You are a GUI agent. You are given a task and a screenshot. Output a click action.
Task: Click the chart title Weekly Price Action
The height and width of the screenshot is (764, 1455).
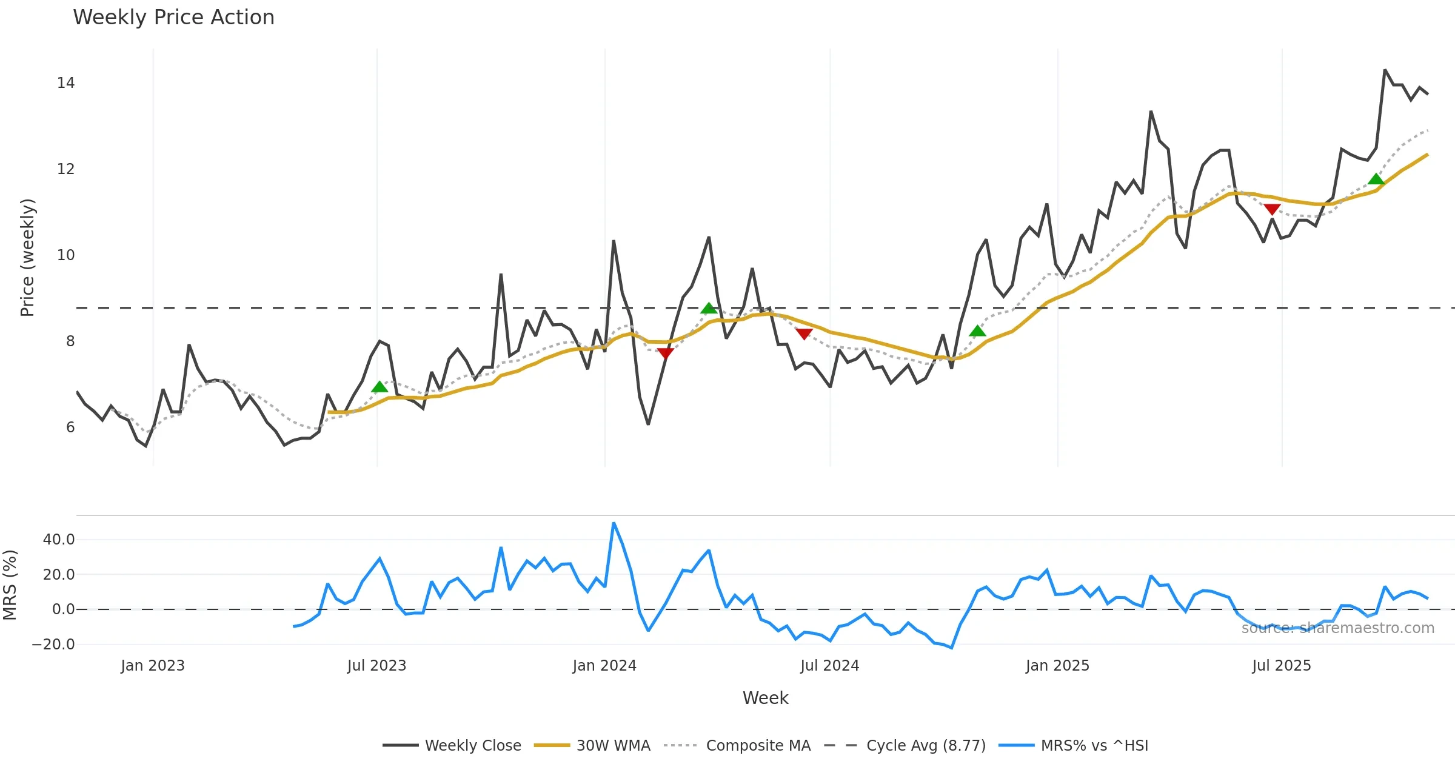click(x=173, y=18)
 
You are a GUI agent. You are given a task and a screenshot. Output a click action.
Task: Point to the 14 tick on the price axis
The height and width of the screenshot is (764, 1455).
click(x=65, y=83)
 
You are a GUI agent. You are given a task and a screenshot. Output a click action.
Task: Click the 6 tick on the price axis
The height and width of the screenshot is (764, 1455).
click(x=70, y=427)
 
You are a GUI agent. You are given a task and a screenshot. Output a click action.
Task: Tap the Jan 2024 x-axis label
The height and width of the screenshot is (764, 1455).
click(x=604, y=666)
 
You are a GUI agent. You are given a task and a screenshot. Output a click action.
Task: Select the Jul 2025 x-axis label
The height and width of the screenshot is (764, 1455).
click(x=1281, y=666)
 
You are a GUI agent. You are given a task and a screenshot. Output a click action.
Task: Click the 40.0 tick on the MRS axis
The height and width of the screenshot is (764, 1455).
click(x=59, y=540)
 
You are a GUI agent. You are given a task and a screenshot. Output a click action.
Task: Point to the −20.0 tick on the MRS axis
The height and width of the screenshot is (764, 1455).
click(x=53, y=645)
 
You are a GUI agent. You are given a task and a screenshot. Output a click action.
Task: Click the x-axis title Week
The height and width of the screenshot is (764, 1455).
click(x=765, y=698)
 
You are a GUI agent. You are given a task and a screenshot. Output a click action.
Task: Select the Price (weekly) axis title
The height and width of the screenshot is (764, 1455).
click(x=28, y=258)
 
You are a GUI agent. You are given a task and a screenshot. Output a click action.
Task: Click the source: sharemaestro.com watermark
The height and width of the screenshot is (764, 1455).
click(x=1337, y=628)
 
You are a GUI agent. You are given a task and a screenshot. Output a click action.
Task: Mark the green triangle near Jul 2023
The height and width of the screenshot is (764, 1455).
click(x=380, y=387)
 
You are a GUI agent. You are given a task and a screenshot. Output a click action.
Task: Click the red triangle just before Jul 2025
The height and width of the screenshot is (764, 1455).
click(x=1272, y=209)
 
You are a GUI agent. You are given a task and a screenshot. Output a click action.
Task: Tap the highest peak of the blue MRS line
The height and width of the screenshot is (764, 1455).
click(x=614, y=523)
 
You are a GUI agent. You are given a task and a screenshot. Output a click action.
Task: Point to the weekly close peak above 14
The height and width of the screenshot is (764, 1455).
click(x=1385, y=70)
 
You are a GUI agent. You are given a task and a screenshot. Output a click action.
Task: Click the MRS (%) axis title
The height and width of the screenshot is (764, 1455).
click(x=10, y=585)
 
